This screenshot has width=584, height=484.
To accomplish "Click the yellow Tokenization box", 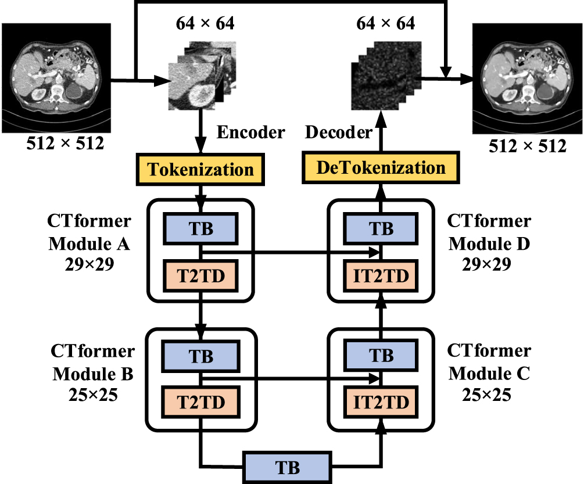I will pyautogui.click(x=200, y=169).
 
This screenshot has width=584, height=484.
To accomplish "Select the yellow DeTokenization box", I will pyautogui.click(x=382, y=168).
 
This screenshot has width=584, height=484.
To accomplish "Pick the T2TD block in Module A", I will pyautogui.click(x=200, y=274).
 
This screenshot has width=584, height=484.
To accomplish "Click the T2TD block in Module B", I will pyautogui.click(x=200, y=401).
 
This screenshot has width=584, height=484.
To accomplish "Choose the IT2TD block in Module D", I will pyautogui.click(x=382, y=274).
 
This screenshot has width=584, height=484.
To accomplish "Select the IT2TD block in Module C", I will pyautogui.click(x=382, y=401).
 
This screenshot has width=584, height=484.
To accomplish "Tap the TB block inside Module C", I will pyautogui.click(x=382, y=356).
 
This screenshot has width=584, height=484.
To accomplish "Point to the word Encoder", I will pyautogui.click(x=250, y=132).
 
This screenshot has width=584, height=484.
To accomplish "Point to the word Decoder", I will pyautogui.click(x=338, y=132).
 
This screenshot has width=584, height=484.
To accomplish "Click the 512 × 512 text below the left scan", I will pyautogui.click(x=66, y=144).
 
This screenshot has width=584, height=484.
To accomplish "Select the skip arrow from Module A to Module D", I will pyautogui.click(x=291, y=252).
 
